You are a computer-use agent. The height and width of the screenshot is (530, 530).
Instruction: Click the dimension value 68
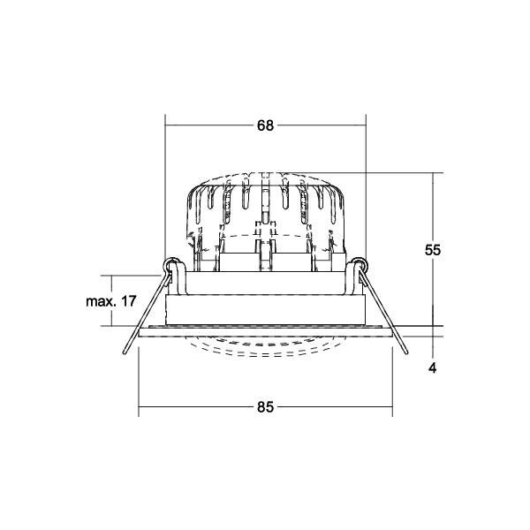coord(265,125)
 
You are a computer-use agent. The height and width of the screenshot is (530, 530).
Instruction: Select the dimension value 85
coord(265,407)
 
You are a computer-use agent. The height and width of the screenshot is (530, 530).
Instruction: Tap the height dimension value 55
coord(433,250)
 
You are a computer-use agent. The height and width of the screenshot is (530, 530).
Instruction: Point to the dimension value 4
coord(433,368)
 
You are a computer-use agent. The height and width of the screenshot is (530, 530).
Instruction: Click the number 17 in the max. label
coord(129,301)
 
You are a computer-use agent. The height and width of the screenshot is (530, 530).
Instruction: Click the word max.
coord(102,301)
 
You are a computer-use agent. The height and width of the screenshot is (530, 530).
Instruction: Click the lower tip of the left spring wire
coord(125,352)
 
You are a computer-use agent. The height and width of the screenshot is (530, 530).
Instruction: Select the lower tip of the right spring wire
coord(406,352)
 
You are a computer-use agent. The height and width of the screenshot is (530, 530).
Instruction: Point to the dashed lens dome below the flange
coord(265,346)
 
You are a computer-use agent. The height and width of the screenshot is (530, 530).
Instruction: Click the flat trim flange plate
coord(265,332)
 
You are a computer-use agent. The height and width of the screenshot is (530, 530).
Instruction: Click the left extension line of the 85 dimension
coord(139,382)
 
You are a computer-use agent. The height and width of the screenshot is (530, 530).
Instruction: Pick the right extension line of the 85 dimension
coord(392,382)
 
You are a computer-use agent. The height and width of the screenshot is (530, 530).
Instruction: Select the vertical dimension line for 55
coord(433,249)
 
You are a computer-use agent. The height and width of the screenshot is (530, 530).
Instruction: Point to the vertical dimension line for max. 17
coord(111,301)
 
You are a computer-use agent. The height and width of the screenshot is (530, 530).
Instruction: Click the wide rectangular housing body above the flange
coord(265,310)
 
